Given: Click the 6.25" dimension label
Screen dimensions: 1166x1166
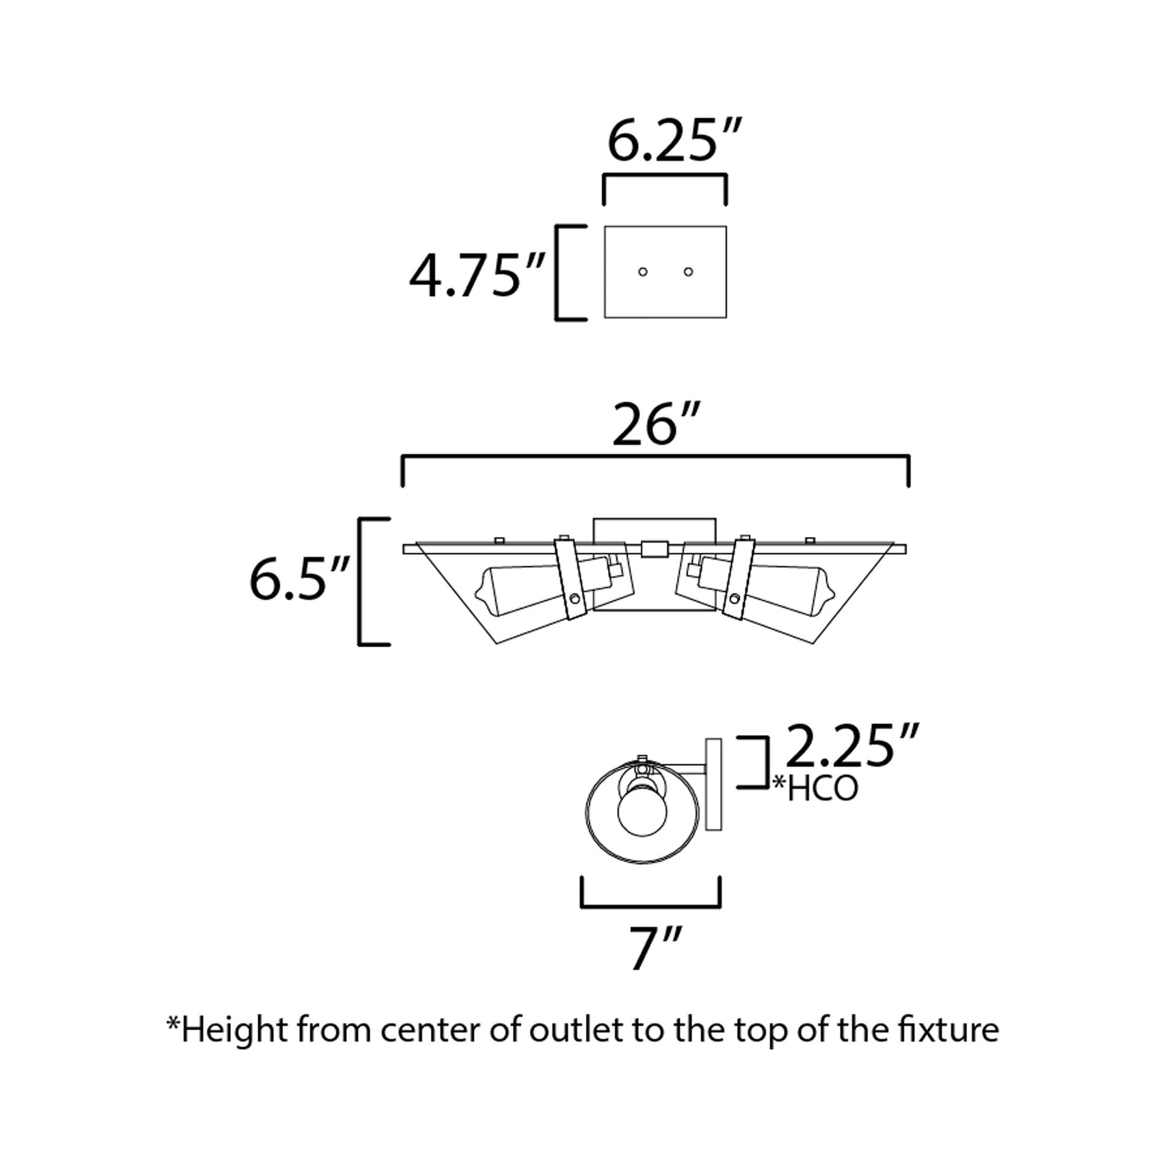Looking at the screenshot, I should tap(673, 141).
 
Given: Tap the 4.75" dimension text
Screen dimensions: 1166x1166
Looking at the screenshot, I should tap(477, 276).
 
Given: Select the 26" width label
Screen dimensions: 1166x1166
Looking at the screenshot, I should tap(656, 425).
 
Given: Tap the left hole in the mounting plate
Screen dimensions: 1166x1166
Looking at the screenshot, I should tap(643, 271).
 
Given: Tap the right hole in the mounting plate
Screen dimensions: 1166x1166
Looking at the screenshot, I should tap(688, 271).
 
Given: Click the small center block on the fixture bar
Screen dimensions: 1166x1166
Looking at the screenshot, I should tap(654, 549).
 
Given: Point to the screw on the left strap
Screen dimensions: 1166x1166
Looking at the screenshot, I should tap(575, 599).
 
